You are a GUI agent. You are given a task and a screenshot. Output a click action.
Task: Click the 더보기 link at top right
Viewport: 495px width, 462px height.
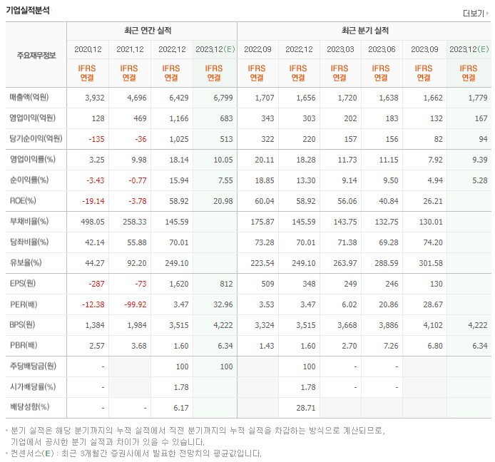click(x=474, y=13)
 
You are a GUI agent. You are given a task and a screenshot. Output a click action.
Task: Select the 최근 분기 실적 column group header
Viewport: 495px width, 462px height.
click(x=365, y=31)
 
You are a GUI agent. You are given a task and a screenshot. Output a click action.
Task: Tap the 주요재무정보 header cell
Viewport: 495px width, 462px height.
click(x=36, y=55)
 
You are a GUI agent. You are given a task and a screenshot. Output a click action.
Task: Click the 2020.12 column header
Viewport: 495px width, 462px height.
click(x=88, y=49)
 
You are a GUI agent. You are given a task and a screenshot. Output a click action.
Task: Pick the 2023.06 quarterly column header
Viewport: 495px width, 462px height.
click(x=382, y=49)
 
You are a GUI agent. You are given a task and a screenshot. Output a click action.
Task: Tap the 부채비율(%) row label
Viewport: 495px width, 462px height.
click(x=30, y=222)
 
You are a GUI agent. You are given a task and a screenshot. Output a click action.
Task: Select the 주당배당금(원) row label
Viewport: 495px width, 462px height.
click(x=34, y=366)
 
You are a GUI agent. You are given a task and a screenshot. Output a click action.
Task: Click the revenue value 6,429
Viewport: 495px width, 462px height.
click(x=175, y=97)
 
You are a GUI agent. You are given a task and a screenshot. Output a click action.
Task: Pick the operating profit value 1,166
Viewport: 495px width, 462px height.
click(x=175, y=118)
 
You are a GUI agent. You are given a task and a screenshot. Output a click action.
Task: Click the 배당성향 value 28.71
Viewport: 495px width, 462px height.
click(x=305, y=408)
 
